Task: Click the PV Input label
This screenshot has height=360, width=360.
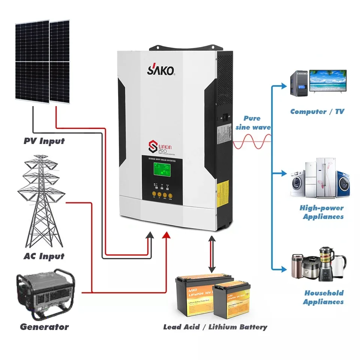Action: [x=44, y=141]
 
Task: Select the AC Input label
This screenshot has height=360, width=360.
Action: [x=43, y=256]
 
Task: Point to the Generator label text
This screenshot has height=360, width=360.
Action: [x=44, y=327]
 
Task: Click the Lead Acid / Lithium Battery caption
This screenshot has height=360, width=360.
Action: [x=215, y=327]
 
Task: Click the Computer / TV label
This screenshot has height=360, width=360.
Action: [x=317, y=111]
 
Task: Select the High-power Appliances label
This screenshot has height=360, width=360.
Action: [x=322, y=212]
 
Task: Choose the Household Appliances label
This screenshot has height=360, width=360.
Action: [x=324, y=297]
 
